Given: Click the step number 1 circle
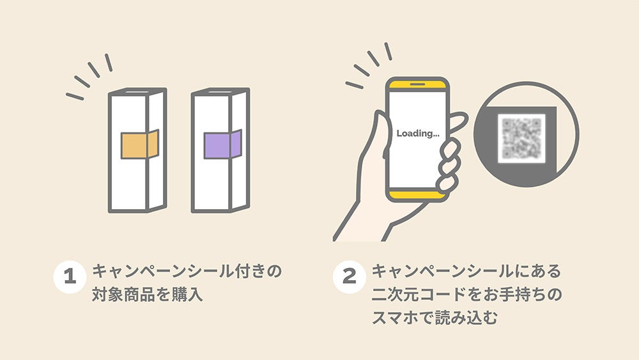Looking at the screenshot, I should [69, 276].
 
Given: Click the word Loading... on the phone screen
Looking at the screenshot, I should [418, 134].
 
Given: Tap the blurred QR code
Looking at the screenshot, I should [522, 137].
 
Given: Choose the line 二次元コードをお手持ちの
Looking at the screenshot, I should [466, 295].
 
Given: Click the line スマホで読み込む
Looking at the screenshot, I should [435, 318].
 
